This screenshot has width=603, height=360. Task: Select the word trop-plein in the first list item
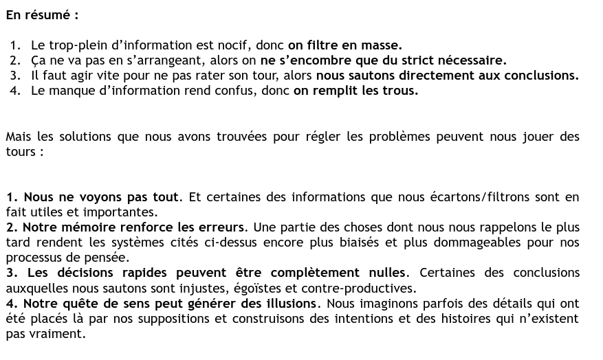(x=79, y=45)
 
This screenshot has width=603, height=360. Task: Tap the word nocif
(x=232, y=45)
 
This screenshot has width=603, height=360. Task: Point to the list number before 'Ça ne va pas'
(x=15, y=60)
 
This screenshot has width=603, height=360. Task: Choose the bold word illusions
(x=289, y=303)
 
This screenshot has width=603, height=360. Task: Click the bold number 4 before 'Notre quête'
(x=10, y=303)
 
